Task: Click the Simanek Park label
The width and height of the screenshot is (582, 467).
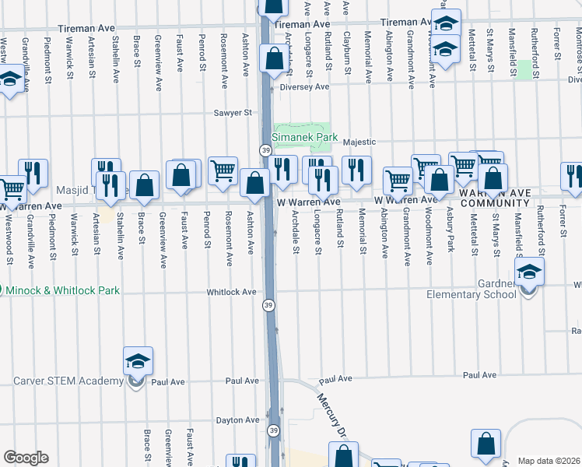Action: click(305, 137)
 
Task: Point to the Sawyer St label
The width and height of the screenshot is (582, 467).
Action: click(234, 113)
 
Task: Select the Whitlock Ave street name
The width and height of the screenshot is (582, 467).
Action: click(231, 293)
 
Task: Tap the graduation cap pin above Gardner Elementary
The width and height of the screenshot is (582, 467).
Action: click(529, 273)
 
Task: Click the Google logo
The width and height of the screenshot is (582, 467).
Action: click(26, 458)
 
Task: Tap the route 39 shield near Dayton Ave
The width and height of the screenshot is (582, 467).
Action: click(273, 430)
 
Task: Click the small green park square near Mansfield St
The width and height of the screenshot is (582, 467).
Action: click(524, 69)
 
